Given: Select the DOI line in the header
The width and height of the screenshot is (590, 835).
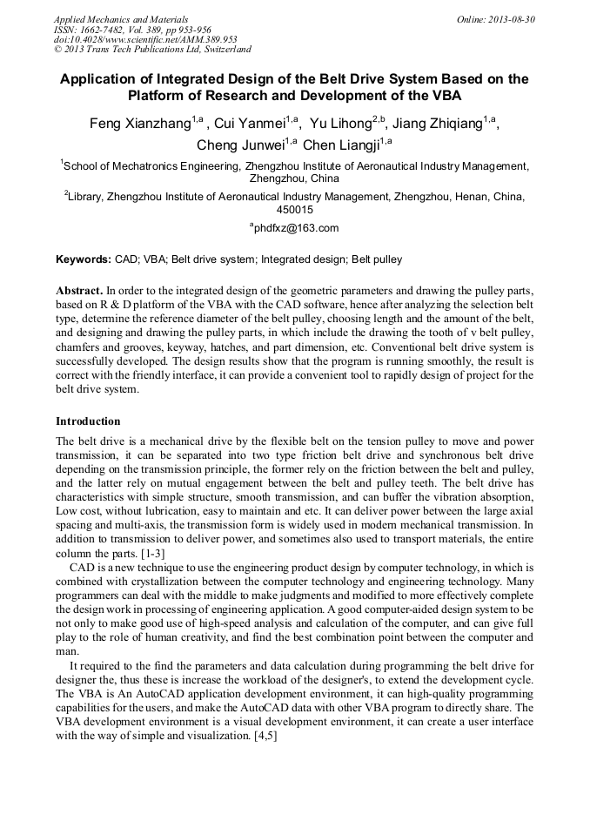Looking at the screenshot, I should click(145, 39).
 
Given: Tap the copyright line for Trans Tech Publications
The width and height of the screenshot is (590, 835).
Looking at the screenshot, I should click(152, 50).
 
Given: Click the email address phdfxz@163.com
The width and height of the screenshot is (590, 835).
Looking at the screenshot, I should click(296, 228).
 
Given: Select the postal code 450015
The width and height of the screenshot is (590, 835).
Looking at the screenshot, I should click(294, 210).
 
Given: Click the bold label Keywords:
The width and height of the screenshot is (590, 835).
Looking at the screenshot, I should click(84, 259).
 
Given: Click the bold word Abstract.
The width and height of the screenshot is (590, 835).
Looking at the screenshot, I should click(79, 289).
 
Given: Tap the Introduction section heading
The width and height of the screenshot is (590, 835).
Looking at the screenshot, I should click(88, 421).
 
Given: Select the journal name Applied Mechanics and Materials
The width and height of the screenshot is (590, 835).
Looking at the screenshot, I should click(121, 18).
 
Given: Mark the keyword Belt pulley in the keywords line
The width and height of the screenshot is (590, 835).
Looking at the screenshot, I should click(377, 259).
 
